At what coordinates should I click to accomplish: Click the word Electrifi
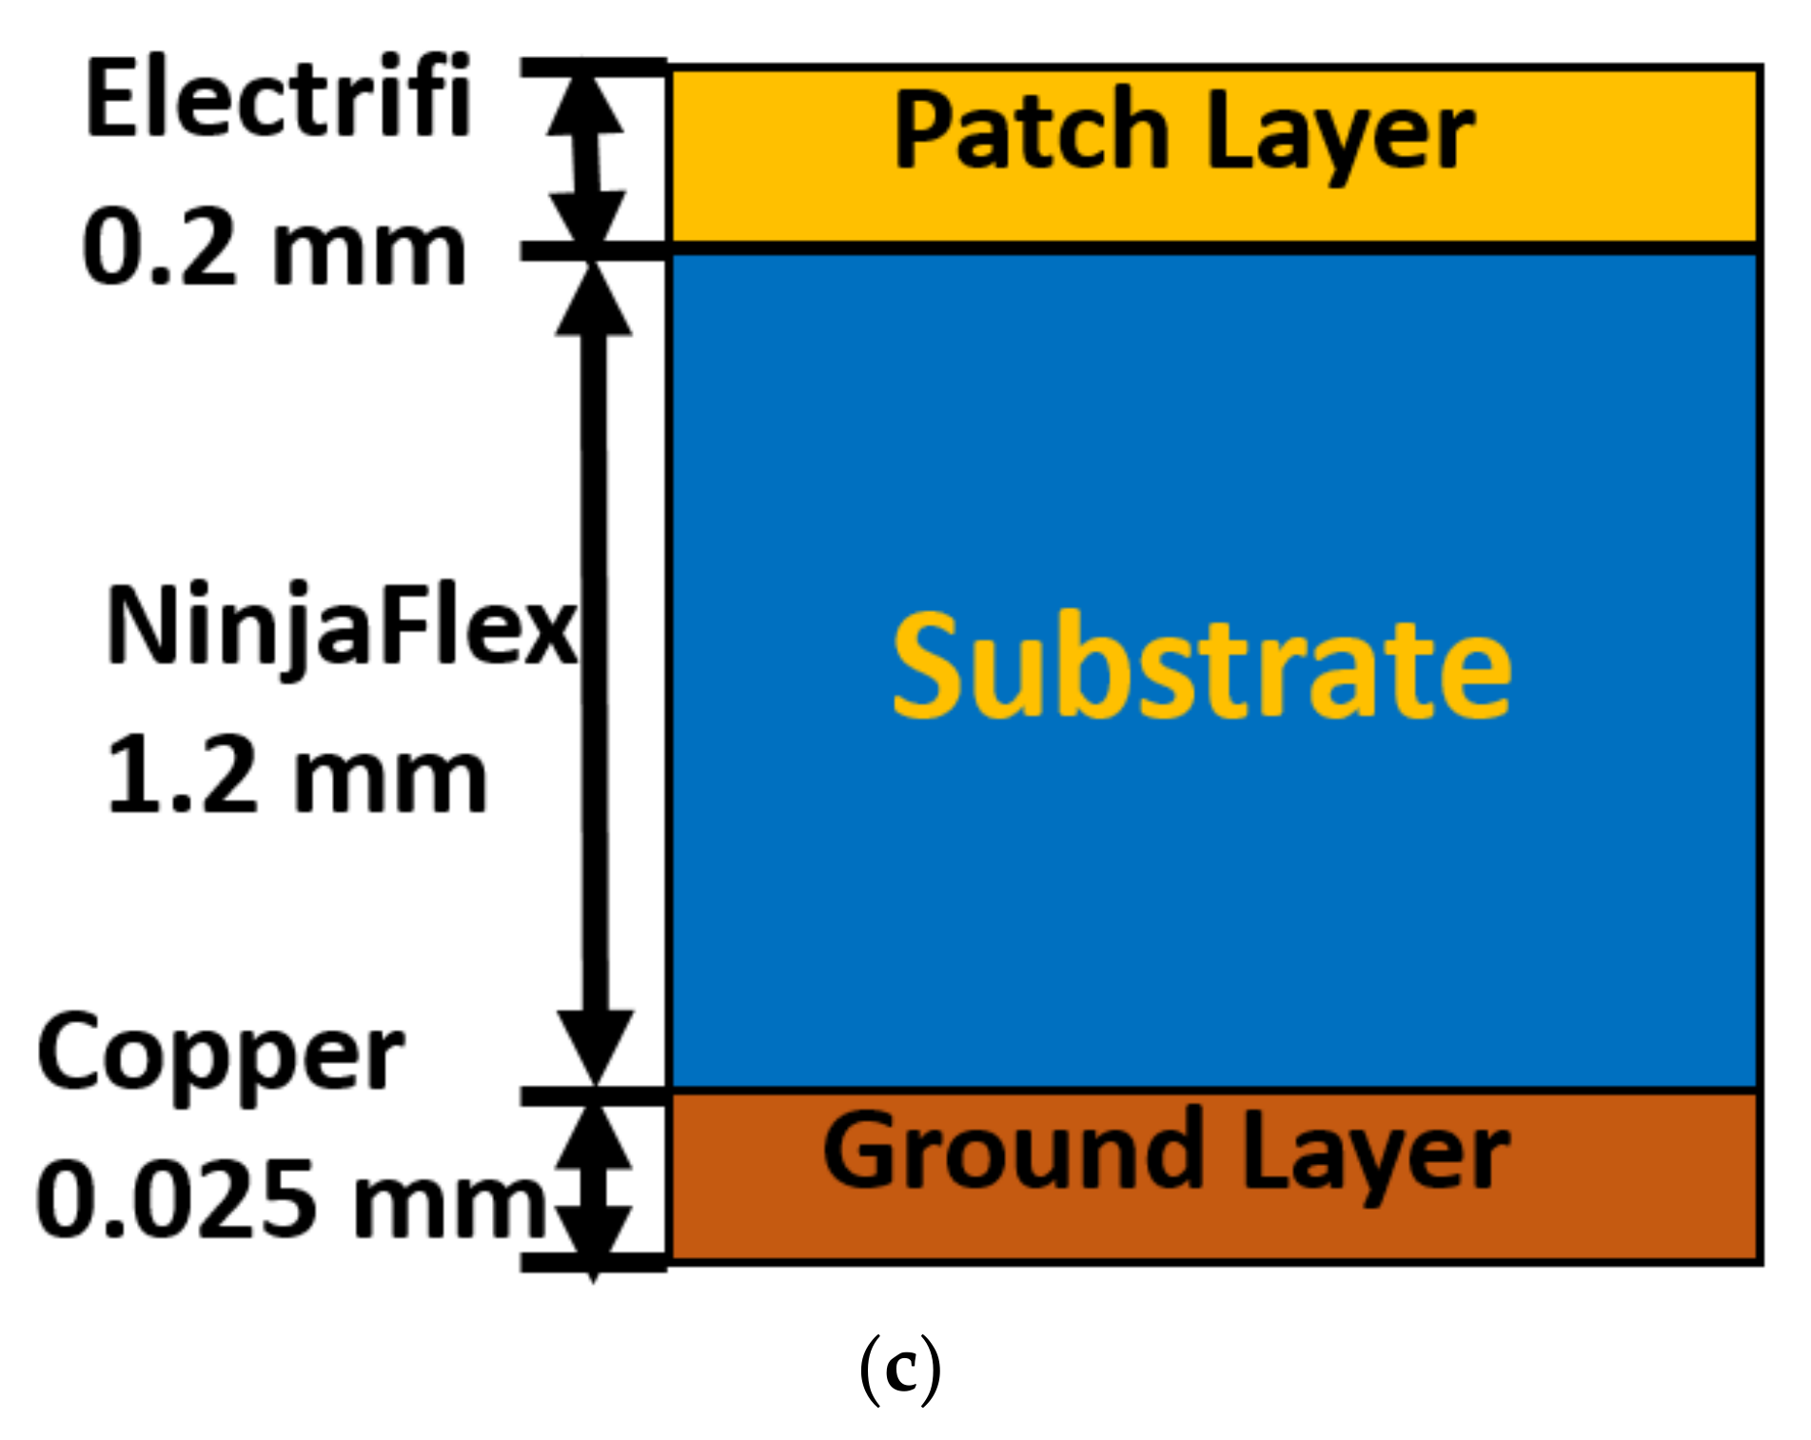tap(278, 98)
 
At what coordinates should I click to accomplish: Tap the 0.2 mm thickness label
tap(274, 249)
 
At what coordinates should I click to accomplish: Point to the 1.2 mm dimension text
tap(297, 779)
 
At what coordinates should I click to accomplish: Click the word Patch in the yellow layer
tap(1032, 131)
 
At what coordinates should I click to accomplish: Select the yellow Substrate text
tap(1201, 666)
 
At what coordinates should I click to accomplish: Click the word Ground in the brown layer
tap(1014, 1153)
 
